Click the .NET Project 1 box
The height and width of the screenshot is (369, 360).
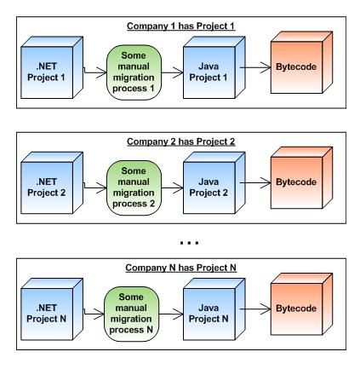point(52,67)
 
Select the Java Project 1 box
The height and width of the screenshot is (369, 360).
point(214,67)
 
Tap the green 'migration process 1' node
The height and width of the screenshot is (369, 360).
point(134,72)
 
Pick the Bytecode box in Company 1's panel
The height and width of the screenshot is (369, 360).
point(301,62)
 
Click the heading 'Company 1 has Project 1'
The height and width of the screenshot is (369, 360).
point(181,26)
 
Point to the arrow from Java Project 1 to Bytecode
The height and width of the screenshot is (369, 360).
point(255,67)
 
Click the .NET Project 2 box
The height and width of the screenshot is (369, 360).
point(52,183)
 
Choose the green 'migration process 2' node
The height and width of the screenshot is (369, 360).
point(134,187)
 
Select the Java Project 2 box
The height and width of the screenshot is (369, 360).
point(214,183)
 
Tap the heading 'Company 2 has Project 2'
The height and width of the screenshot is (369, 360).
point(181,141)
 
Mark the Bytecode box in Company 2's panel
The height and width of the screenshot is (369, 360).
point(301,178)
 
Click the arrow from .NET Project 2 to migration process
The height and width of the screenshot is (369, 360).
point(94,187)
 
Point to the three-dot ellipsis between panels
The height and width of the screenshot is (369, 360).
point(190,243)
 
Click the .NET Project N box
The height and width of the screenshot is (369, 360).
point(52,309)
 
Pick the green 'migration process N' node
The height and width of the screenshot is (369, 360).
point(132,314)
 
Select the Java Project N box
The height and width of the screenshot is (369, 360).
point(214,309)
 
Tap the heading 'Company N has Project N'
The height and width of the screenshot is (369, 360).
point(181,268)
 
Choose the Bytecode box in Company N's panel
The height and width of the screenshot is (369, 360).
point(301,304)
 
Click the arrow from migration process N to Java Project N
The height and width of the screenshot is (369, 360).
point(171,314)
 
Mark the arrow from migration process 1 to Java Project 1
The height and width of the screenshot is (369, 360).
point(173,72)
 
